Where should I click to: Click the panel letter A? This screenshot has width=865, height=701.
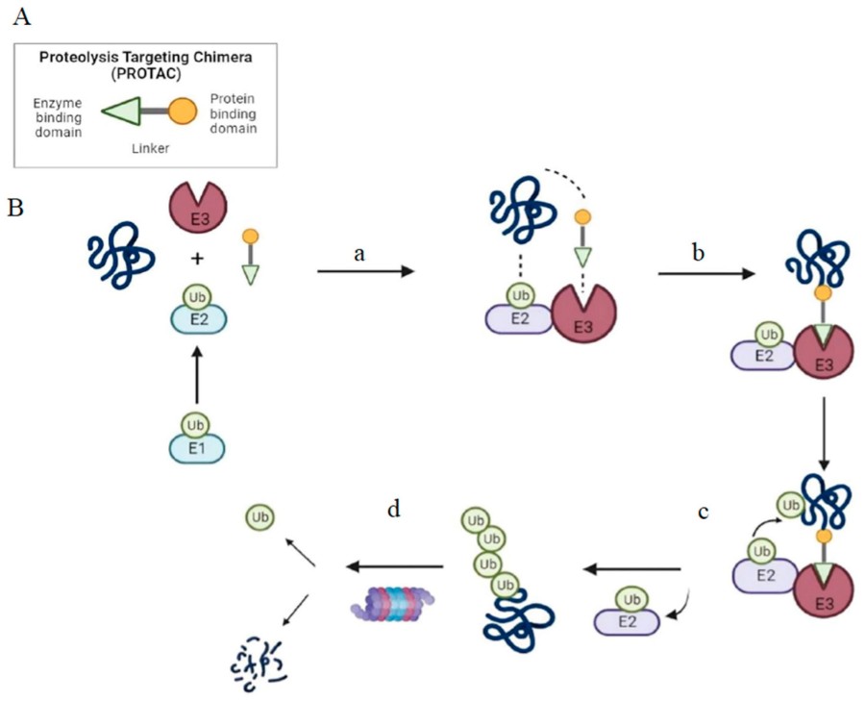point(20,16)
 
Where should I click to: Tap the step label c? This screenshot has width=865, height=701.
point(704,512)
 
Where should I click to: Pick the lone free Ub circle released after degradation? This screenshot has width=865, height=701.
point(259,517)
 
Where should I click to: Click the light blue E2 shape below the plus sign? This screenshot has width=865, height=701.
point(197,314)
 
